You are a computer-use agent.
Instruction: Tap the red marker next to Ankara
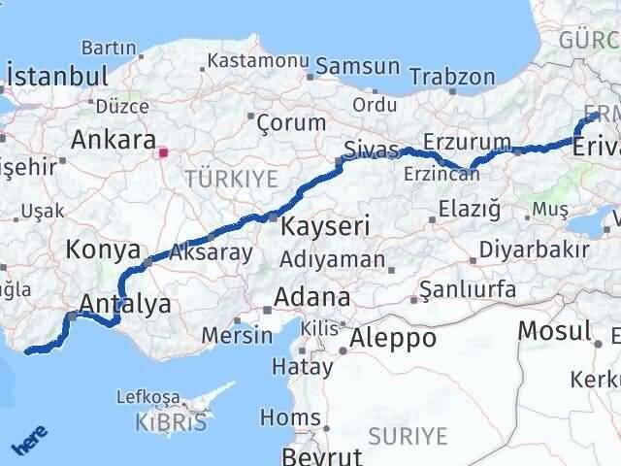pos(163,151)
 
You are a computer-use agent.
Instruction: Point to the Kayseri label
pos(326,227)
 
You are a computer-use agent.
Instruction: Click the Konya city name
pos(102,250)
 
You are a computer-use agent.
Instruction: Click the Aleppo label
pos(393,338)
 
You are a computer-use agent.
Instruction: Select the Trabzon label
pos(451,77)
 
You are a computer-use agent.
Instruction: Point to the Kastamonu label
pos(256,60)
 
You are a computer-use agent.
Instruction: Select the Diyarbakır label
pos(531,249)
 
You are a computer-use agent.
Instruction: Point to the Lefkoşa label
pos(147,396)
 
